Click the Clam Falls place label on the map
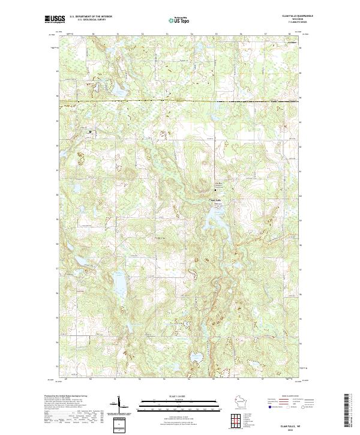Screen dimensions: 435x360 point(216,200)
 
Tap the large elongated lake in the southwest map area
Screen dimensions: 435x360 point(118,283)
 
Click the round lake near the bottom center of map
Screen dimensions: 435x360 point(195,358)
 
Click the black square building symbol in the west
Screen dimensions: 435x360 point(91,131)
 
